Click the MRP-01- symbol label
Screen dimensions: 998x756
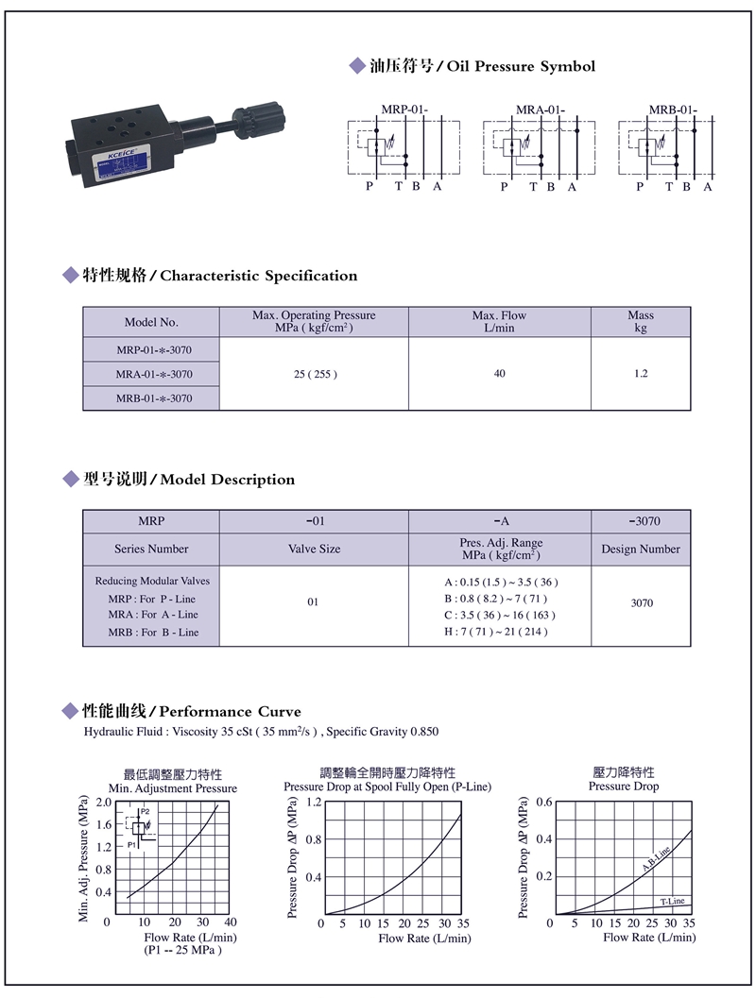coord(404,110)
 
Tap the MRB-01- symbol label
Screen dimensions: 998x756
coord(673,110)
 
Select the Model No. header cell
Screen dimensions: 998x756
coord(151,322)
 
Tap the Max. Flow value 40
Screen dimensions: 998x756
coord(499,374)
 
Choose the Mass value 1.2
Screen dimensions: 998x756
coord(641,374)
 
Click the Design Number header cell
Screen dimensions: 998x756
coord(641,549)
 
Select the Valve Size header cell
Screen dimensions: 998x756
coord(314,549)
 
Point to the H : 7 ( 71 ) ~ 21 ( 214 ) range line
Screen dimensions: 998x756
coord(499,631)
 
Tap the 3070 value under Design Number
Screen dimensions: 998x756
coord(641,602)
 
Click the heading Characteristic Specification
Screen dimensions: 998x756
coord(259,276)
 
